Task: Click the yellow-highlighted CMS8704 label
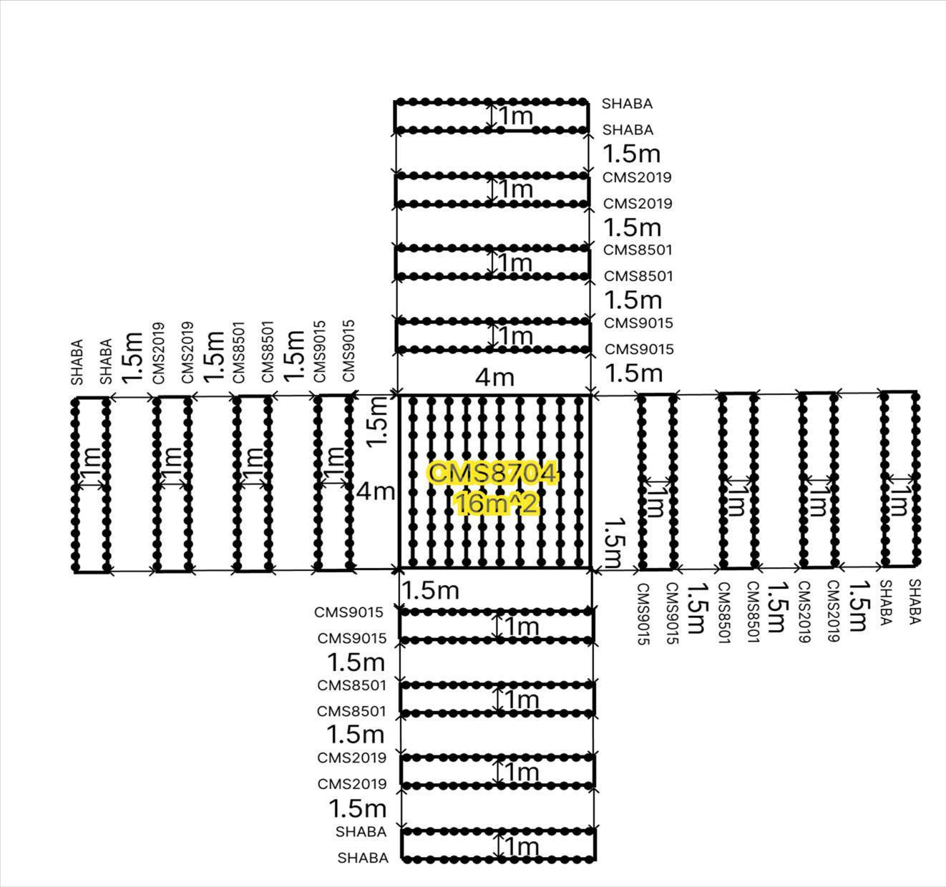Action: tap(492, 474)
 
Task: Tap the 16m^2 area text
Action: tap(495, 504)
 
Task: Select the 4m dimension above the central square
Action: tap(494, 377)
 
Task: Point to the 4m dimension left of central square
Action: tap(375, 491)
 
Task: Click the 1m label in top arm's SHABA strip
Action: tap(515, 116)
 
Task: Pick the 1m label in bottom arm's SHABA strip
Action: tap(521, 847)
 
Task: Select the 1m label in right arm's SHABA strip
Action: tap(897, 500)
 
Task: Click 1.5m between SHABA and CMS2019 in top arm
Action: tap(632, 154)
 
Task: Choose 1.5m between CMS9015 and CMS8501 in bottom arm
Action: tap(356, 662)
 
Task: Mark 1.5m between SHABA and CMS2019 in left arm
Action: tap(132, 358)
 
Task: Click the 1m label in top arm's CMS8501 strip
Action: tap(515, 263)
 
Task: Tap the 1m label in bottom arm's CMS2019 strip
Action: tap(521, 773)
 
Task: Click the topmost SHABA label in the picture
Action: tap(627, 104)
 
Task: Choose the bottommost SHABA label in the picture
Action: tap(363, 858)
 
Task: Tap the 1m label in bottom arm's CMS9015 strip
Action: tap(521, 627)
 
